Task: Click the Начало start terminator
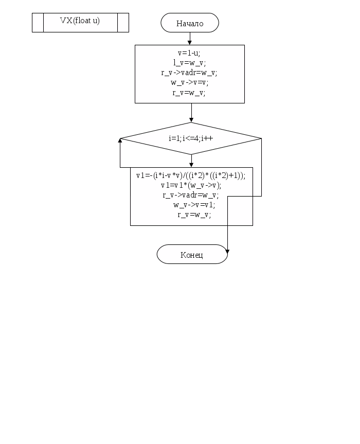click(x=190, y=23)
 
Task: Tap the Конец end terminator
click(x=192, y=255)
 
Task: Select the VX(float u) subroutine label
click(x=80, y=21)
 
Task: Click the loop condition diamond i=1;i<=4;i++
click(x=191, y=138)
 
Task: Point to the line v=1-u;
click(x=189, y=53)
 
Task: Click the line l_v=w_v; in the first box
click(x=189, y=63)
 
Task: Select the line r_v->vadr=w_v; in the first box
click(x=189, y=73)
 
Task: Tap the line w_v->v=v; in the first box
click(x=189, y=83)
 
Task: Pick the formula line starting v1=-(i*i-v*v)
click(x=191, y=175)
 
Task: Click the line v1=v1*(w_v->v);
click(x=191, y=185)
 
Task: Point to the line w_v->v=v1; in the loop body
click(x=194, y=205)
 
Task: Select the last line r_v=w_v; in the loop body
click(x=194, y=215)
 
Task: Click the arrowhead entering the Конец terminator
click(x=227, y=252)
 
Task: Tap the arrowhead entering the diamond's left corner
click(x=121, y=140)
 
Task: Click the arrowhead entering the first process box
click(x=190, y=42)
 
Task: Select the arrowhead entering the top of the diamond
click(x=191, y=119)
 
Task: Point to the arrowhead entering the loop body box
click(x=191, y=165)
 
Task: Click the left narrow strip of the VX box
click(x=38, y=23)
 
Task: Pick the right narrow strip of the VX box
click(x=123, y=23)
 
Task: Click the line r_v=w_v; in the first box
click(x=189, y=93)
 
